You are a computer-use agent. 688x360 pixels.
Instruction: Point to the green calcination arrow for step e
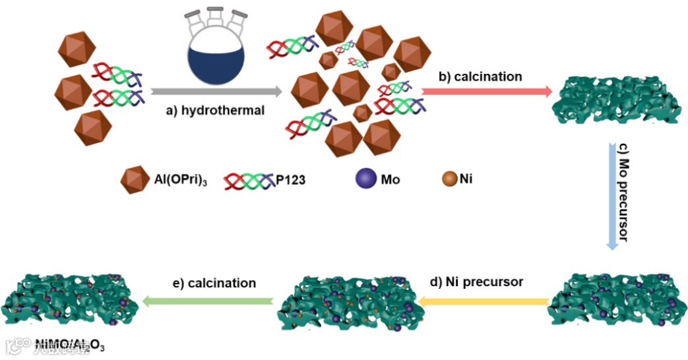pos(208,301)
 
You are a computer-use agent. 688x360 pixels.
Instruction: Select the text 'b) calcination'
pos(480,76)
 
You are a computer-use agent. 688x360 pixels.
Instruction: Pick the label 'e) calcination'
pos(212,283)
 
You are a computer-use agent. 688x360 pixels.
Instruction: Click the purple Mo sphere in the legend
pos(365,179)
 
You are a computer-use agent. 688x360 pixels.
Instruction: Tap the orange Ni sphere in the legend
pos(449,178)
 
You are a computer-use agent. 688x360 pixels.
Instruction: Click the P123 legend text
pos(290,179)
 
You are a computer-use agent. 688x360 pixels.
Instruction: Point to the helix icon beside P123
pos(248,179)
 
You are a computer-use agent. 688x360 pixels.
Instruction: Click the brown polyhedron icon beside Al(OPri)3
pos(135,179)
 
